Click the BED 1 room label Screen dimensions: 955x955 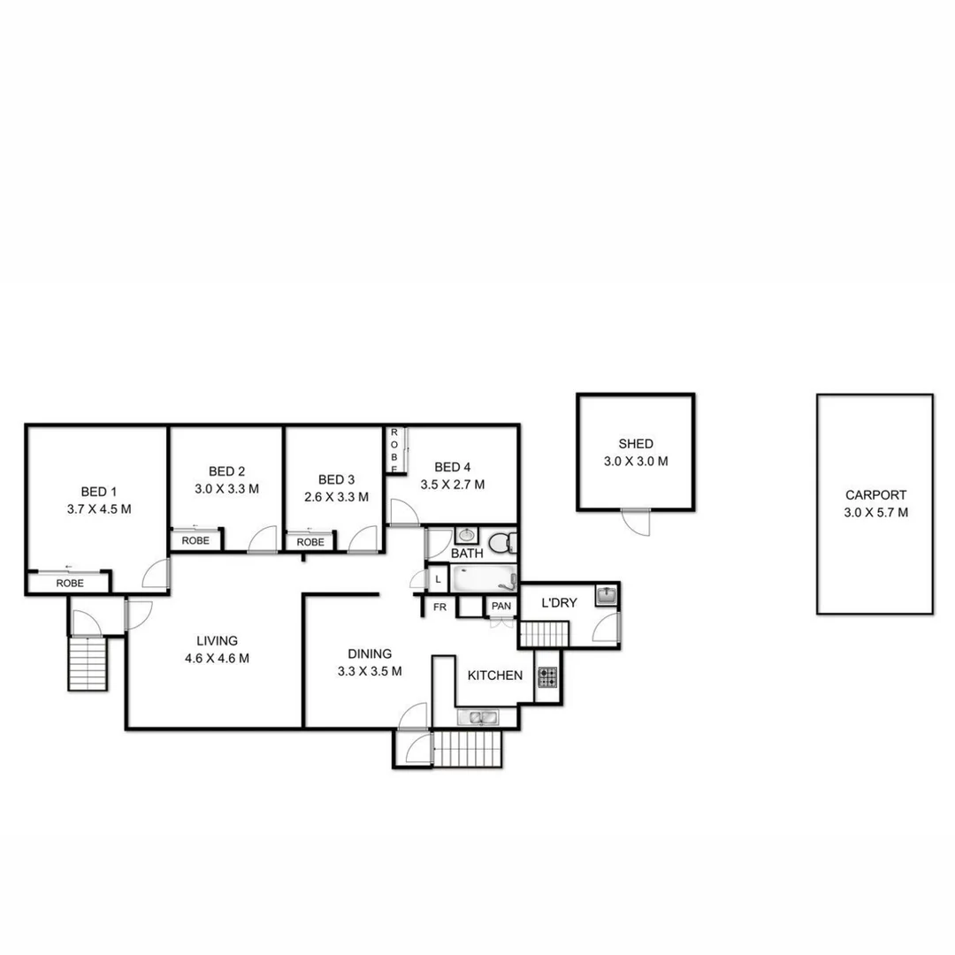click(x=98, y=492)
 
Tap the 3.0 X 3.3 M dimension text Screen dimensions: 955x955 click(x=227, y=488)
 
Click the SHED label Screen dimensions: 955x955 click(x=636, y=444)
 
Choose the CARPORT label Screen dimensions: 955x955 click(x=875, y=496)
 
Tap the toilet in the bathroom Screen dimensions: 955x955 click(x=501, y=541)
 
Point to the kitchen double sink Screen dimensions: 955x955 click(x=478, y=717)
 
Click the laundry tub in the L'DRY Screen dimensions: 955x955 click(x=606, y=595)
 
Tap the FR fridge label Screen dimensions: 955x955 click(x=439, y=607)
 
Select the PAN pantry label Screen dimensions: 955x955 click(x=501, y=607)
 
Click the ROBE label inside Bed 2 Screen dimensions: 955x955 click(x=195, y=540)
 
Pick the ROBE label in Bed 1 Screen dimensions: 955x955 click(x=70, y=584)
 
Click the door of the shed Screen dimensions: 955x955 click(x=635, y=522)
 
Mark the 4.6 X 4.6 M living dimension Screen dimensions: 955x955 click(x=218, y=658)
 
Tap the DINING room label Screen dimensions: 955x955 click(x=370, y=654)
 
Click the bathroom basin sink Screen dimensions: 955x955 click(x=466, y=536)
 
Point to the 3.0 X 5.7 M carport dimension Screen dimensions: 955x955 click(x=875, y=512)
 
